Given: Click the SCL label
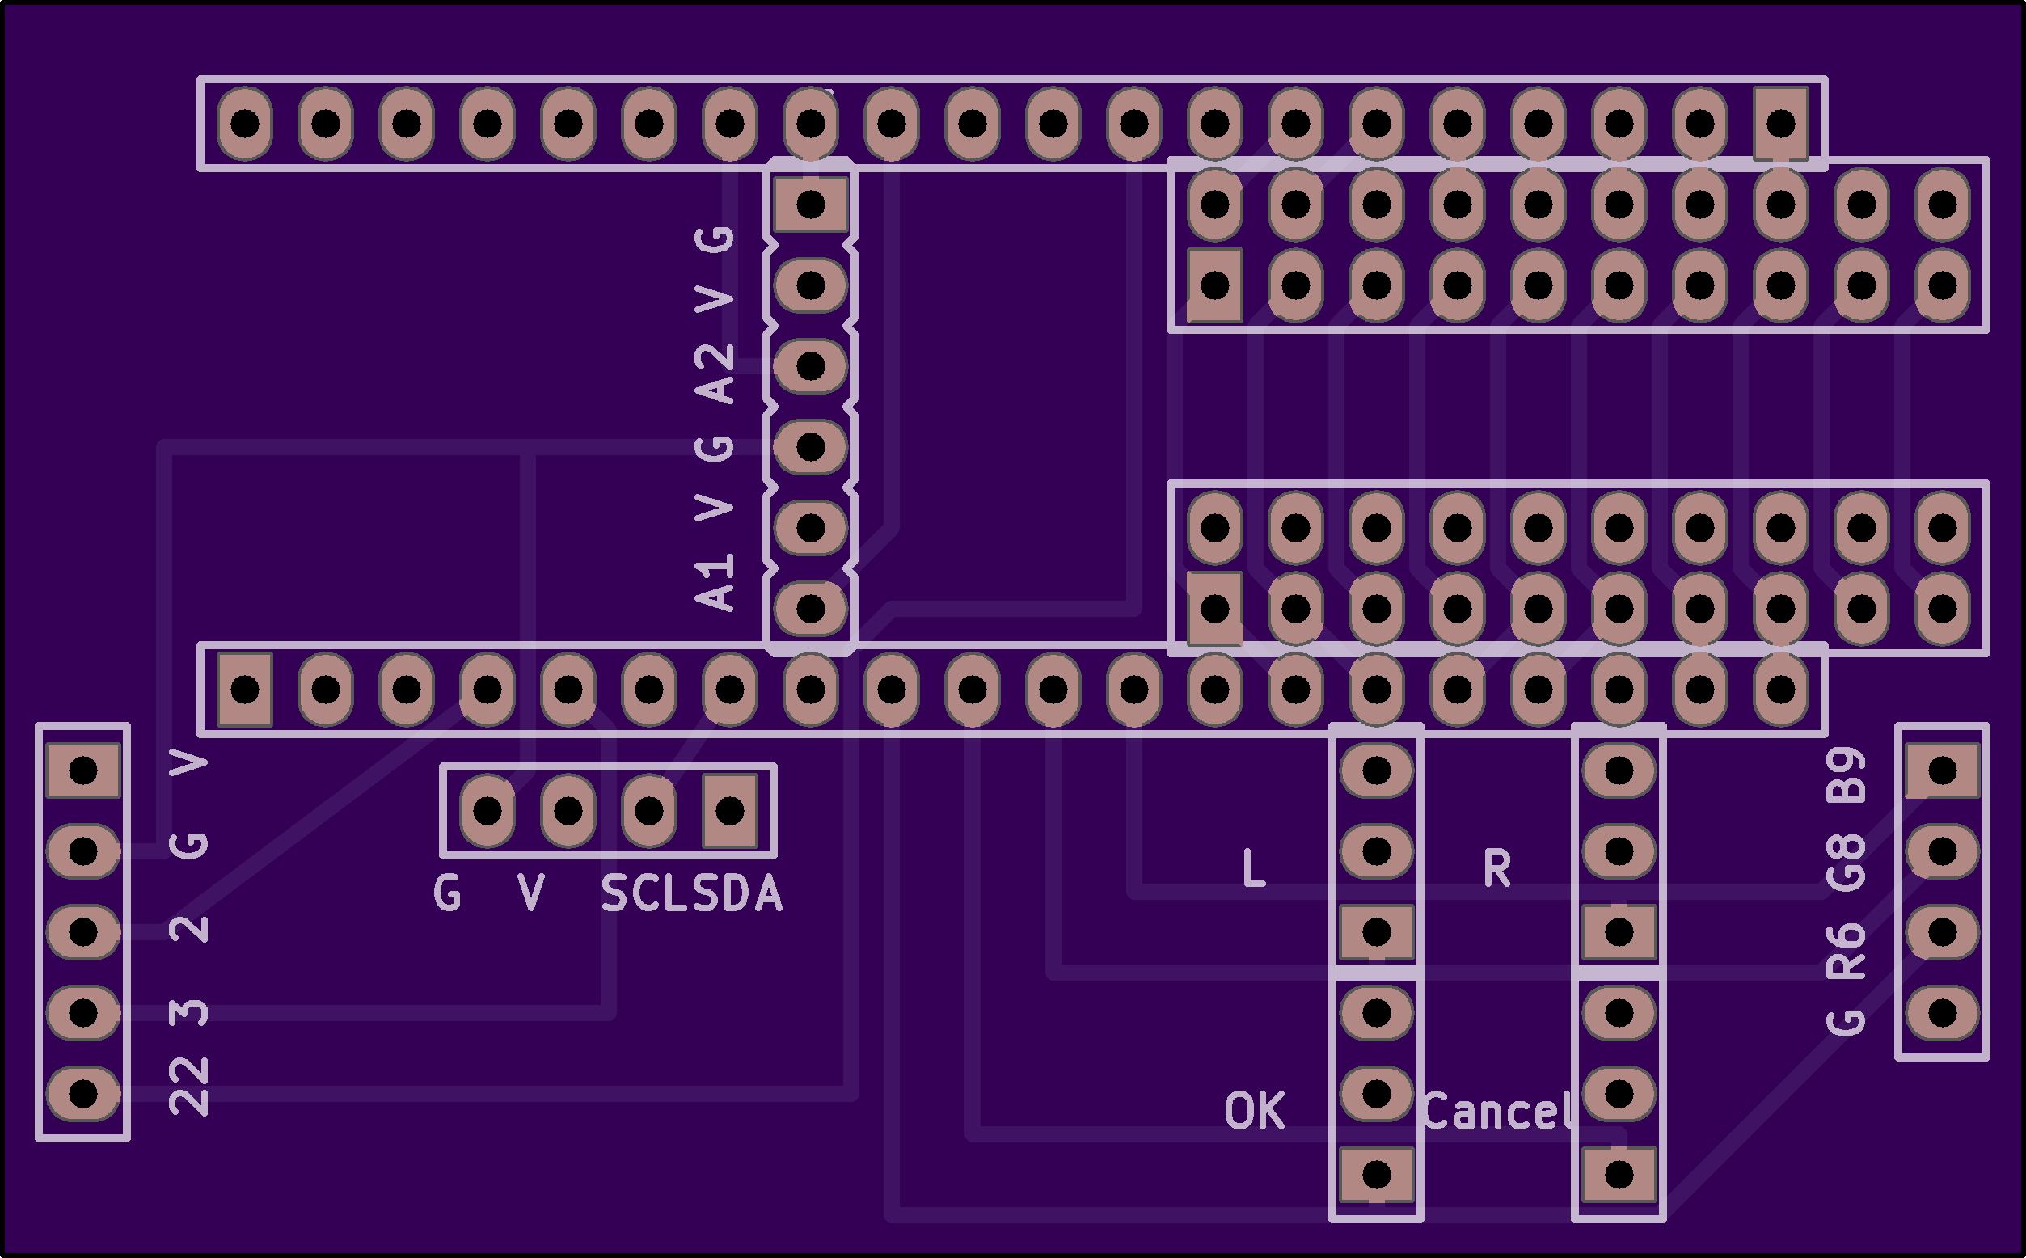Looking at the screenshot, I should coord(646,894).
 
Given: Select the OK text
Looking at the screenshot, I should coord(1254,1112).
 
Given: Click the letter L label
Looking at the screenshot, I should coord(1253,868).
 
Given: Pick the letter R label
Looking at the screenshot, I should coord(1496,868).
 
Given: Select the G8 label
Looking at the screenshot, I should coord(1847,863).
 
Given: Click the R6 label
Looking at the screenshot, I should coord(1847,951).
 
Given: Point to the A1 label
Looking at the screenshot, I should coord(715,581).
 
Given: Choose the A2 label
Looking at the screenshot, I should coord(715,374).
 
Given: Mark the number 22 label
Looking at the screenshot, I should coord(189,1087).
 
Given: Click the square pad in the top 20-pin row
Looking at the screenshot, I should coord(1780,124).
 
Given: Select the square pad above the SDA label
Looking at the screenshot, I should coord(730,810).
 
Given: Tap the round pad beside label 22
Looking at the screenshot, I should coord(83,1093).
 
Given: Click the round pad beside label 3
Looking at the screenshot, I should coord(83,1012).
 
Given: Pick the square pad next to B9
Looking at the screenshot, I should coord(1943,770).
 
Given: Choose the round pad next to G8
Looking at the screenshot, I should coord(1943,851).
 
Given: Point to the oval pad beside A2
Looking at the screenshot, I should coord(810,366).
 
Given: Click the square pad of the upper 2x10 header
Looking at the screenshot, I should coord(1215,285).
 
